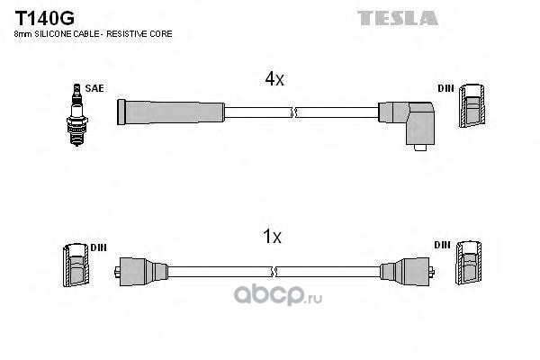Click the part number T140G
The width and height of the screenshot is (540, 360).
[44, 18]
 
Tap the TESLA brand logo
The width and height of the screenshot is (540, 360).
[398, 18]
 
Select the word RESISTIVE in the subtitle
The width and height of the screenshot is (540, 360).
[122, 34]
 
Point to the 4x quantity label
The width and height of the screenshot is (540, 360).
[274, 79]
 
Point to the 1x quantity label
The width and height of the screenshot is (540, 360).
[272, 237]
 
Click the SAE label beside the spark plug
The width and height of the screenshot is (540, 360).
[94, 88]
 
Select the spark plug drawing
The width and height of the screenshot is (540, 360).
[76, 115]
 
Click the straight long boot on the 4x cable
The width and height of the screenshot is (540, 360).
[171, 112]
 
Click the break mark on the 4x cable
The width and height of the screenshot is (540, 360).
[293, 112]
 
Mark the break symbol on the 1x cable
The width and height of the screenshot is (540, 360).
[274, 272]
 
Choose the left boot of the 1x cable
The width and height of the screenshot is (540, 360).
[141, 272]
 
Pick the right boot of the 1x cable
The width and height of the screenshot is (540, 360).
[407, 272]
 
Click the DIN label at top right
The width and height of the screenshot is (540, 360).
[445, 88]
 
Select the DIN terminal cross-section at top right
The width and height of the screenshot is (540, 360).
[472, 106]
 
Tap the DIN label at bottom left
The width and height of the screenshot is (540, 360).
[98, 247]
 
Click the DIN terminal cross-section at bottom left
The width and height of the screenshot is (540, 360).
[76, 265]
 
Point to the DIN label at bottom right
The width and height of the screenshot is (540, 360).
[442, 245]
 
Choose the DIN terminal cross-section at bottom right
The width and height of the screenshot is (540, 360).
[469, 263]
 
